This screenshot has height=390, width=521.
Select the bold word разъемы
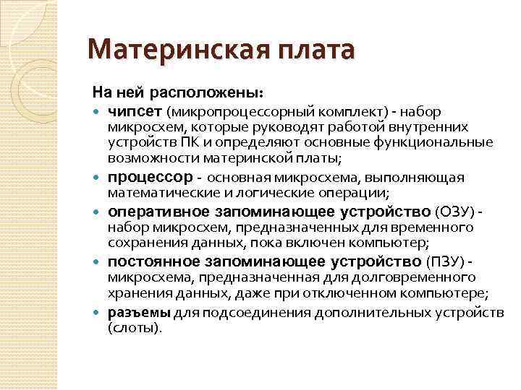[139, 313]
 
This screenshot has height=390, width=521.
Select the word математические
[154, 193]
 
